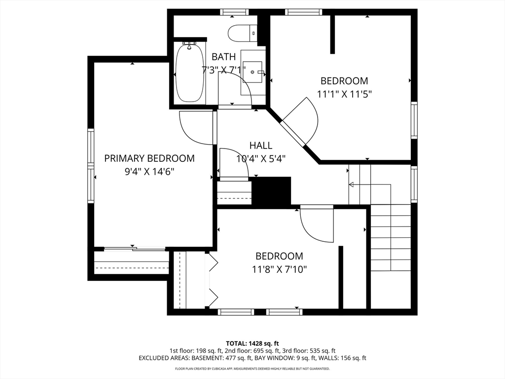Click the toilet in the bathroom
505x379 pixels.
tap(242, 33)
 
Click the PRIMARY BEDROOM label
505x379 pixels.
tap(149, 158)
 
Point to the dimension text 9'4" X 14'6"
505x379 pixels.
tap(149, 172)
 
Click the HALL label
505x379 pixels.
tap(261, 146)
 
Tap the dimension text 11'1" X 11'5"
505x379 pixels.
tap(344, 94)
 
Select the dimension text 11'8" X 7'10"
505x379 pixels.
tap(279, 269)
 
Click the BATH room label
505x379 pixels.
tap(223, 57)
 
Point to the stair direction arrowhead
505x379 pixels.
tap(351, 185)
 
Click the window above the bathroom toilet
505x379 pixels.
tap(234, 12)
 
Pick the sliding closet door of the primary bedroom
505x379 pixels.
tap(135, 249)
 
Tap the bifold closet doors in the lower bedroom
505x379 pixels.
tap(213, 280)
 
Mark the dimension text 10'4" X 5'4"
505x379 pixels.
tap(261, 159)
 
